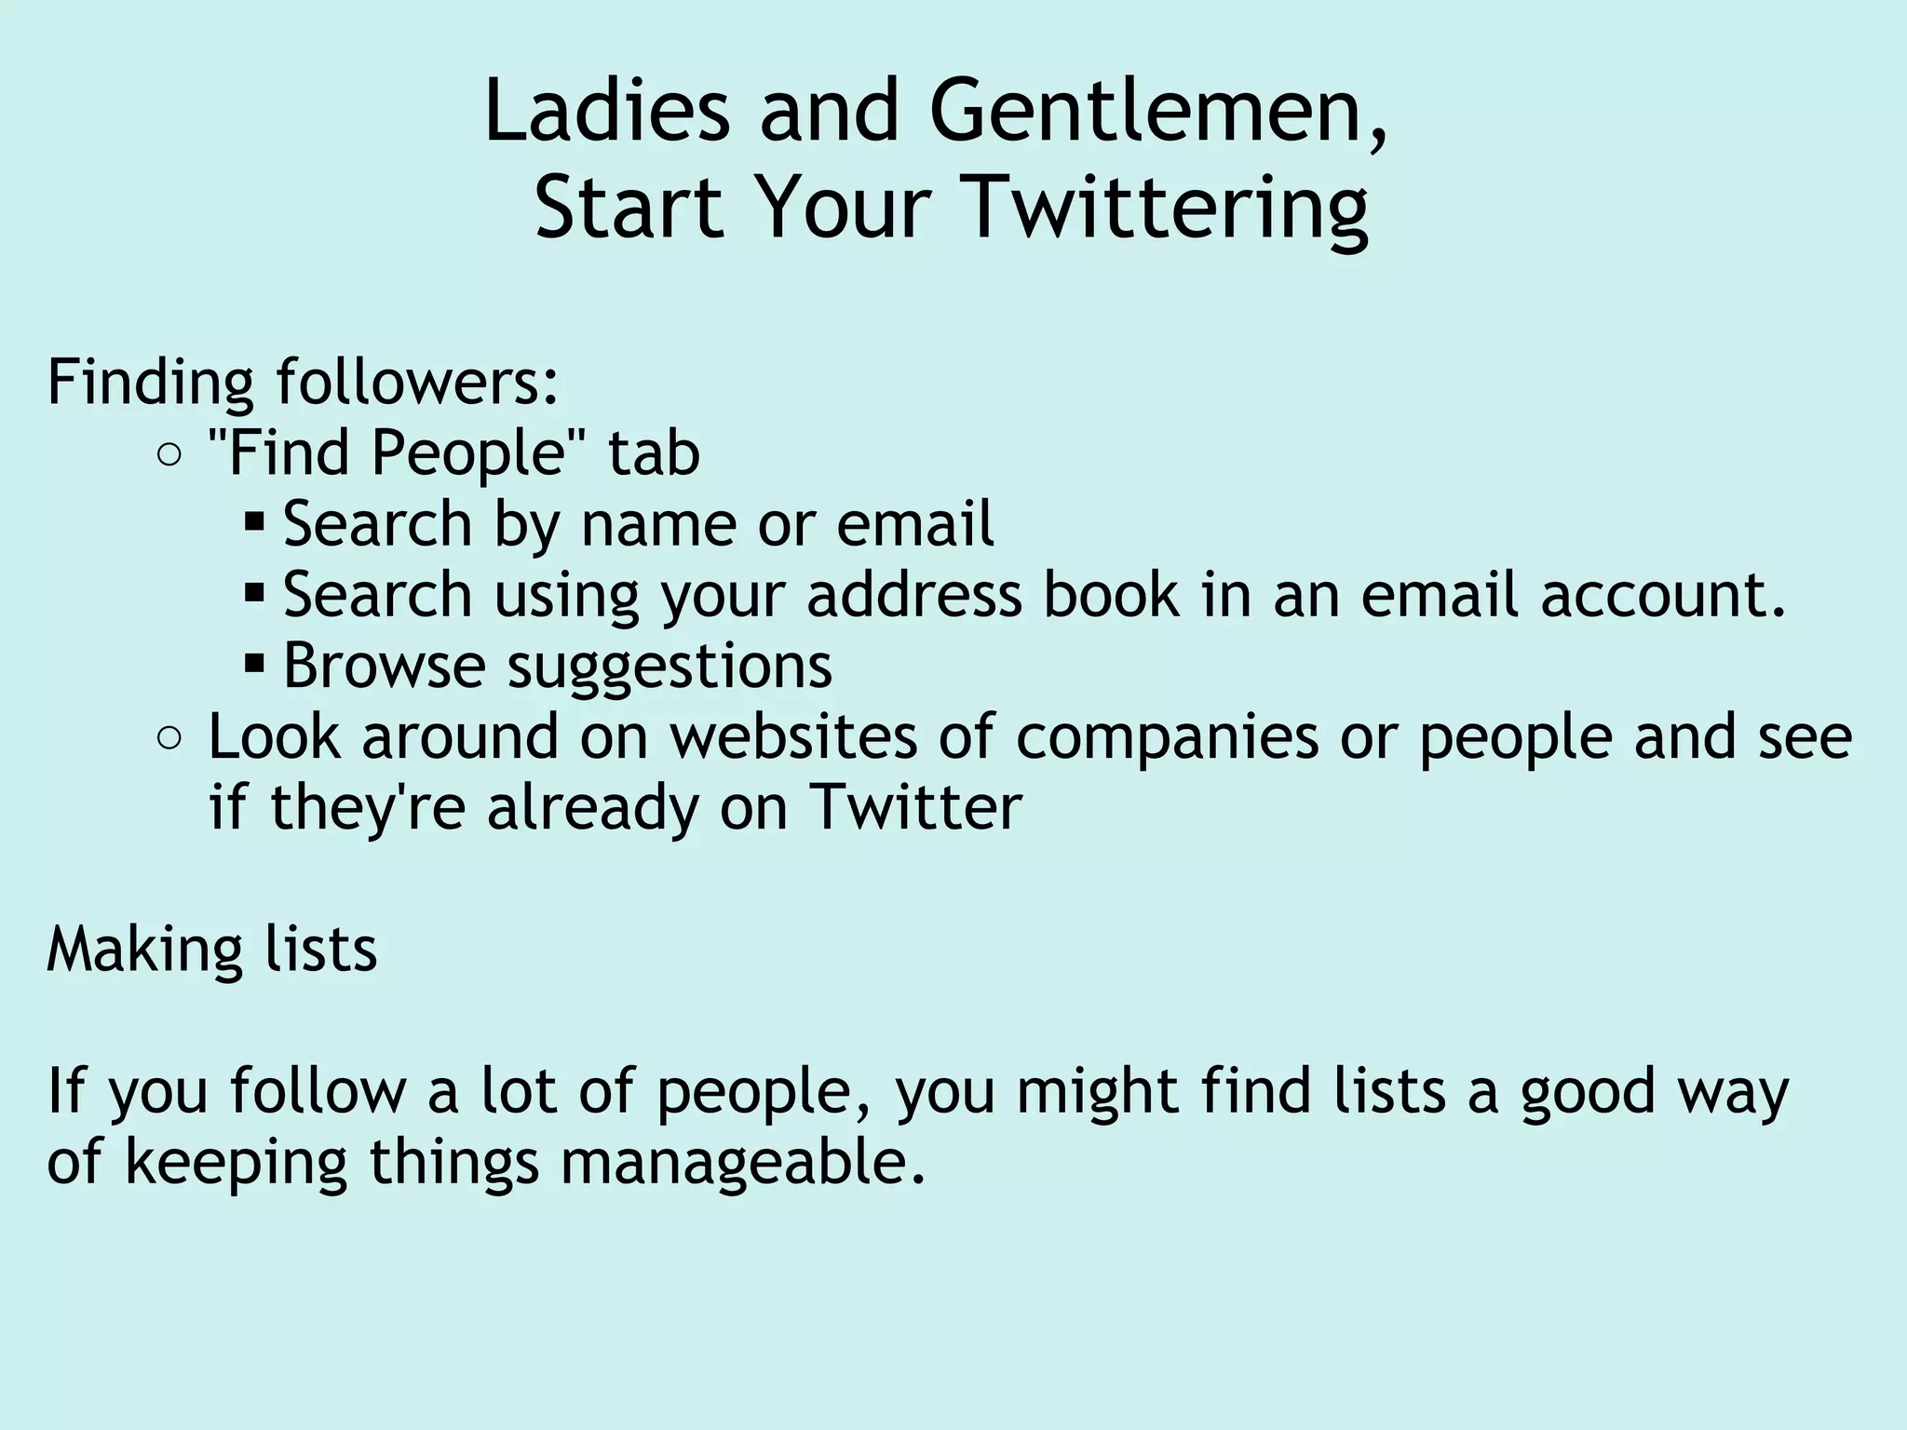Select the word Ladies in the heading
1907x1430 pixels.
coord(606,112)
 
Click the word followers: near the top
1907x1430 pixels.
coord(418,382)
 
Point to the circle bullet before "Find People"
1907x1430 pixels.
coord(169,455)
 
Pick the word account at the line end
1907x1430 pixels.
coord(1662,595)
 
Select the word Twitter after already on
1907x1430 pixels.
coord(916,807)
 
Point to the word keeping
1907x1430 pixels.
coord(236,1163)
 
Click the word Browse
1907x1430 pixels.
coord(384,666)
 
